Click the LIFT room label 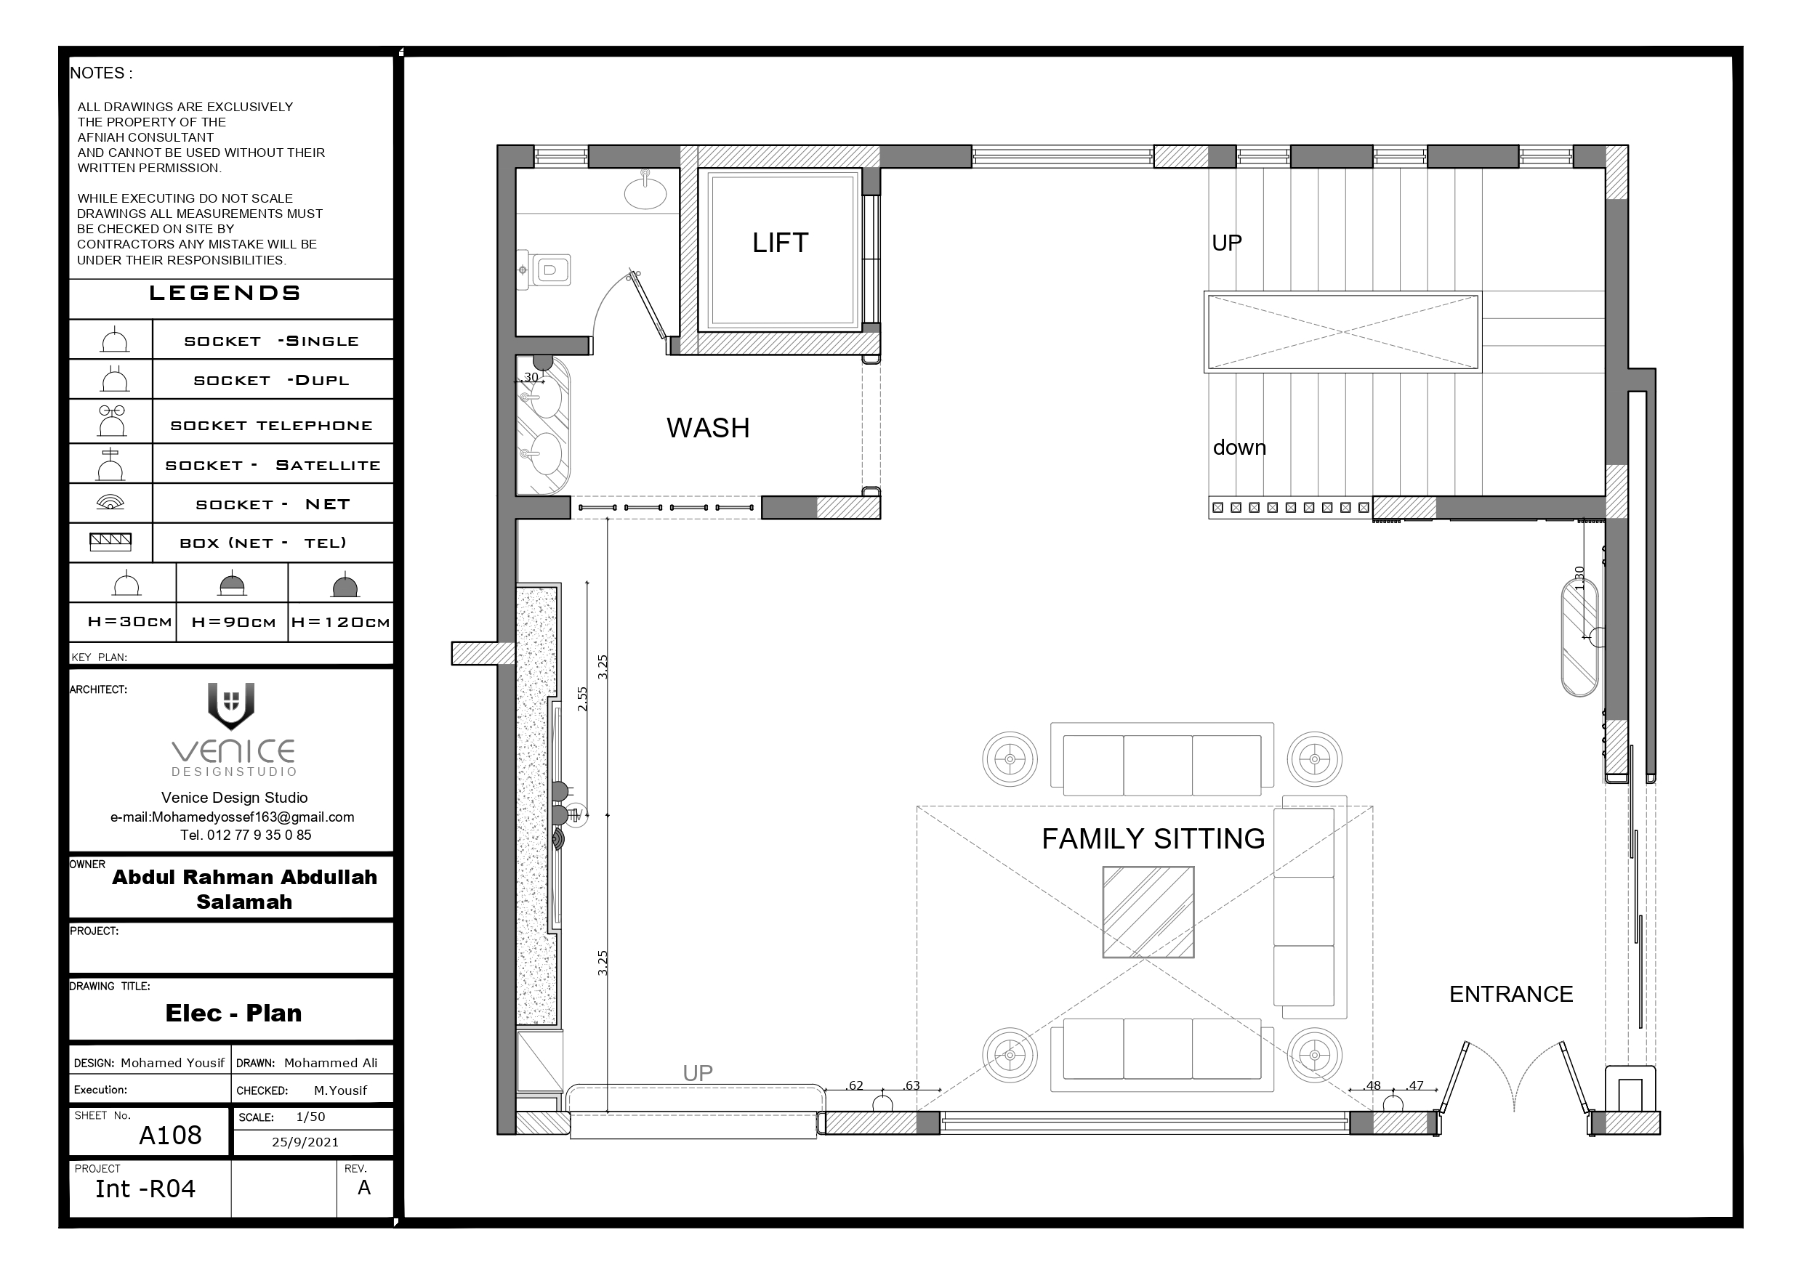pos(779,243)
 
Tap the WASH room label pos(708,428)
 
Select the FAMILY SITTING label pos(1153,839)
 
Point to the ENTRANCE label pos(1511,995)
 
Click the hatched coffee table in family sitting pos(1148,912)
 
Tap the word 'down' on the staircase pos(1239,448)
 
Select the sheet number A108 pos(171,1136)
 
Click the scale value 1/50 pos(310,1117)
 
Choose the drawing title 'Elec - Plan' pos(233,1013)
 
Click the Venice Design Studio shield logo pos(231,705)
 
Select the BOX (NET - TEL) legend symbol pos(110,542)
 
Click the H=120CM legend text pos(340,622)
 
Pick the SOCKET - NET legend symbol pos(110,502)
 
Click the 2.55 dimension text pos(582,699)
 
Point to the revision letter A pos(364,1188)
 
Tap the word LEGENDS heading pos(225,294)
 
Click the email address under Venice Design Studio pos(232,817)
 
